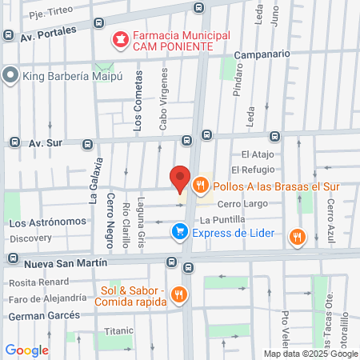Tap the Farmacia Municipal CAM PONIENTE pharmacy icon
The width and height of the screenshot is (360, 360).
point(120,38)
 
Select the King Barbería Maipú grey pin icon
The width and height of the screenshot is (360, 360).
point(10,76)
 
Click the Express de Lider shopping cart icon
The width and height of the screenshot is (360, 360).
point(180,233)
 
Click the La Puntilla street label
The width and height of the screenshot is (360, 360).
point(222,219)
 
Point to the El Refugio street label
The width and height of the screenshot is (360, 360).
point(253,170)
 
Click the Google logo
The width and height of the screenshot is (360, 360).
point(26,350)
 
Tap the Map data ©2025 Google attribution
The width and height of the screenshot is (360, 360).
point(311,354)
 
